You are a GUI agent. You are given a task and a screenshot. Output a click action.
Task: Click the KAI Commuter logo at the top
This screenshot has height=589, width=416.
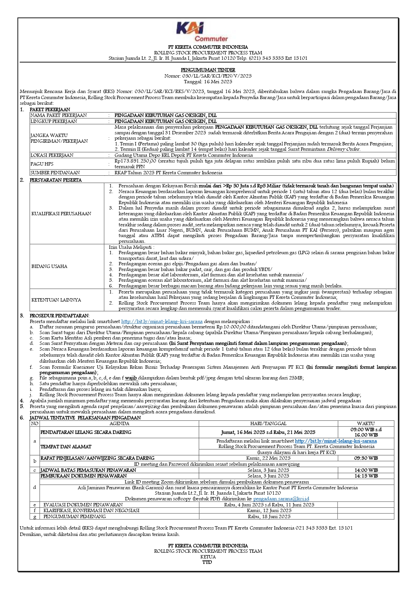click(x=202, y=31)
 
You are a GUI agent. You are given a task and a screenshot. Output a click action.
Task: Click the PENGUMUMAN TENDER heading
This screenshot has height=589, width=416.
click(x=208, y=70)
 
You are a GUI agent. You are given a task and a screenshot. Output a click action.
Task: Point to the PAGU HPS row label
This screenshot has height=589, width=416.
click(x=42, y=164)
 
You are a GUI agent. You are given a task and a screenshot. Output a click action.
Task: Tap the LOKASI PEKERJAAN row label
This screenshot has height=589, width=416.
click(x=52, y=155)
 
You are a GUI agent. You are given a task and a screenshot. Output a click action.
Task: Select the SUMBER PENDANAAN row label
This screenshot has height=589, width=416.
click(x=55, y=173)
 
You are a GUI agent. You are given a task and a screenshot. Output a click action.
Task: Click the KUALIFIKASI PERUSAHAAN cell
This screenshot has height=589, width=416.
click(x=61, y=214)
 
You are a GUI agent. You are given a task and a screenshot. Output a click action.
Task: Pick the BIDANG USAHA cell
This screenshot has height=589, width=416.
click(x=49, y=266)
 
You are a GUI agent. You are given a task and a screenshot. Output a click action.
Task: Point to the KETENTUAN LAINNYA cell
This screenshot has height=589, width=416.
click(x=56, y=300)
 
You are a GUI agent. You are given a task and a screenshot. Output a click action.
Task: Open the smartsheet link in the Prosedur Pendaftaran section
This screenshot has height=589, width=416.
click(x=162, y=321)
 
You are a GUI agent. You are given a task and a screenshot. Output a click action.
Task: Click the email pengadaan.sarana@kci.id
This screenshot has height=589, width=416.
click(x=281, y=499)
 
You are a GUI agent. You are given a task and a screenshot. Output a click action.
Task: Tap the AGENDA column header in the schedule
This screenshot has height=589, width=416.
click(x=119, y=423)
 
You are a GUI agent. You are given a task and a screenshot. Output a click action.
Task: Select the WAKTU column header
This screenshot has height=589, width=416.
click(x=366, y=423)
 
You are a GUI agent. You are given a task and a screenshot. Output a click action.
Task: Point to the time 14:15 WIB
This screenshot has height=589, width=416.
click(x=366, y=476)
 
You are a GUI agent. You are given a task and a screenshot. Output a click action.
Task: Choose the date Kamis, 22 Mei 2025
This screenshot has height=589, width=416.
click(x=268, y=458)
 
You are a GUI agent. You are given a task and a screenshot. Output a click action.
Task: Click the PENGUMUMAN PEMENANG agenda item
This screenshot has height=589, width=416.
click(x=75, y=516)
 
